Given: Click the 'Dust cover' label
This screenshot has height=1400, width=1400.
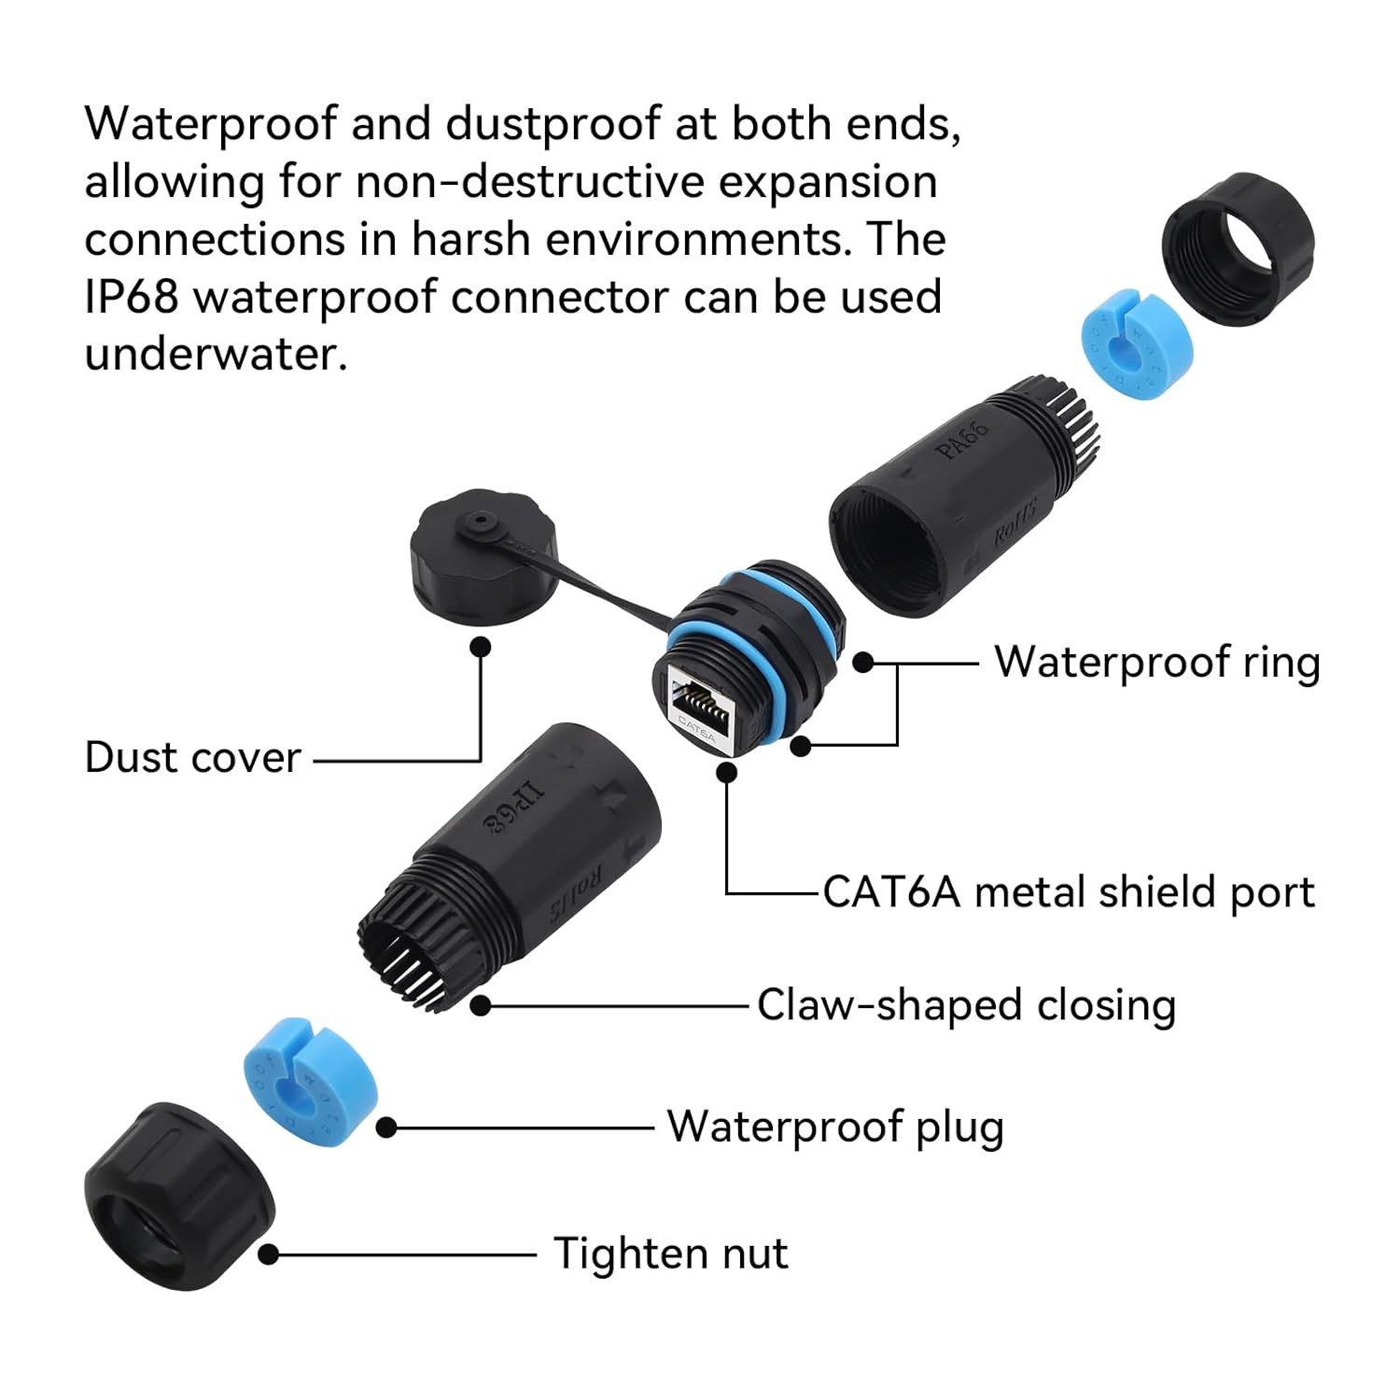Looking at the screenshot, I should pos(192,757).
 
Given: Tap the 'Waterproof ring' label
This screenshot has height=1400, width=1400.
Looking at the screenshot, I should pos(1156,662).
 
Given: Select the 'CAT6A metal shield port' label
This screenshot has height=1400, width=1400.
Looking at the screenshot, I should pos(1068,892).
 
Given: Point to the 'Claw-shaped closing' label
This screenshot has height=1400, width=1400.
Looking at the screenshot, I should pos(966,1005).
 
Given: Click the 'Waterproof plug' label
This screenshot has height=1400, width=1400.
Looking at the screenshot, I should pos(834,1127).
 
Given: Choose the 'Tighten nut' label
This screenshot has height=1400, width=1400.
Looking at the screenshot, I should pos(670,1253).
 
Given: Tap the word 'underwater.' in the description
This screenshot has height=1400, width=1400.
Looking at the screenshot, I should pos(216,355).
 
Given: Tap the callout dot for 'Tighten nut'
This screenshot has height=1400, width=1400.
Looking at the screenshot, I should pos(269,1254).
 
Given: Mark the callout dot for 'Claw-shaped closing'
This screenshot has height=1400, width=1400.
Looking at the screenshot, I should pos(481,1005).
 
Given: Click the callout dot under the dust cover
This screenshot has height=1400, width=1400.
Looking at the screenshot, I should pos(481,647).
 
